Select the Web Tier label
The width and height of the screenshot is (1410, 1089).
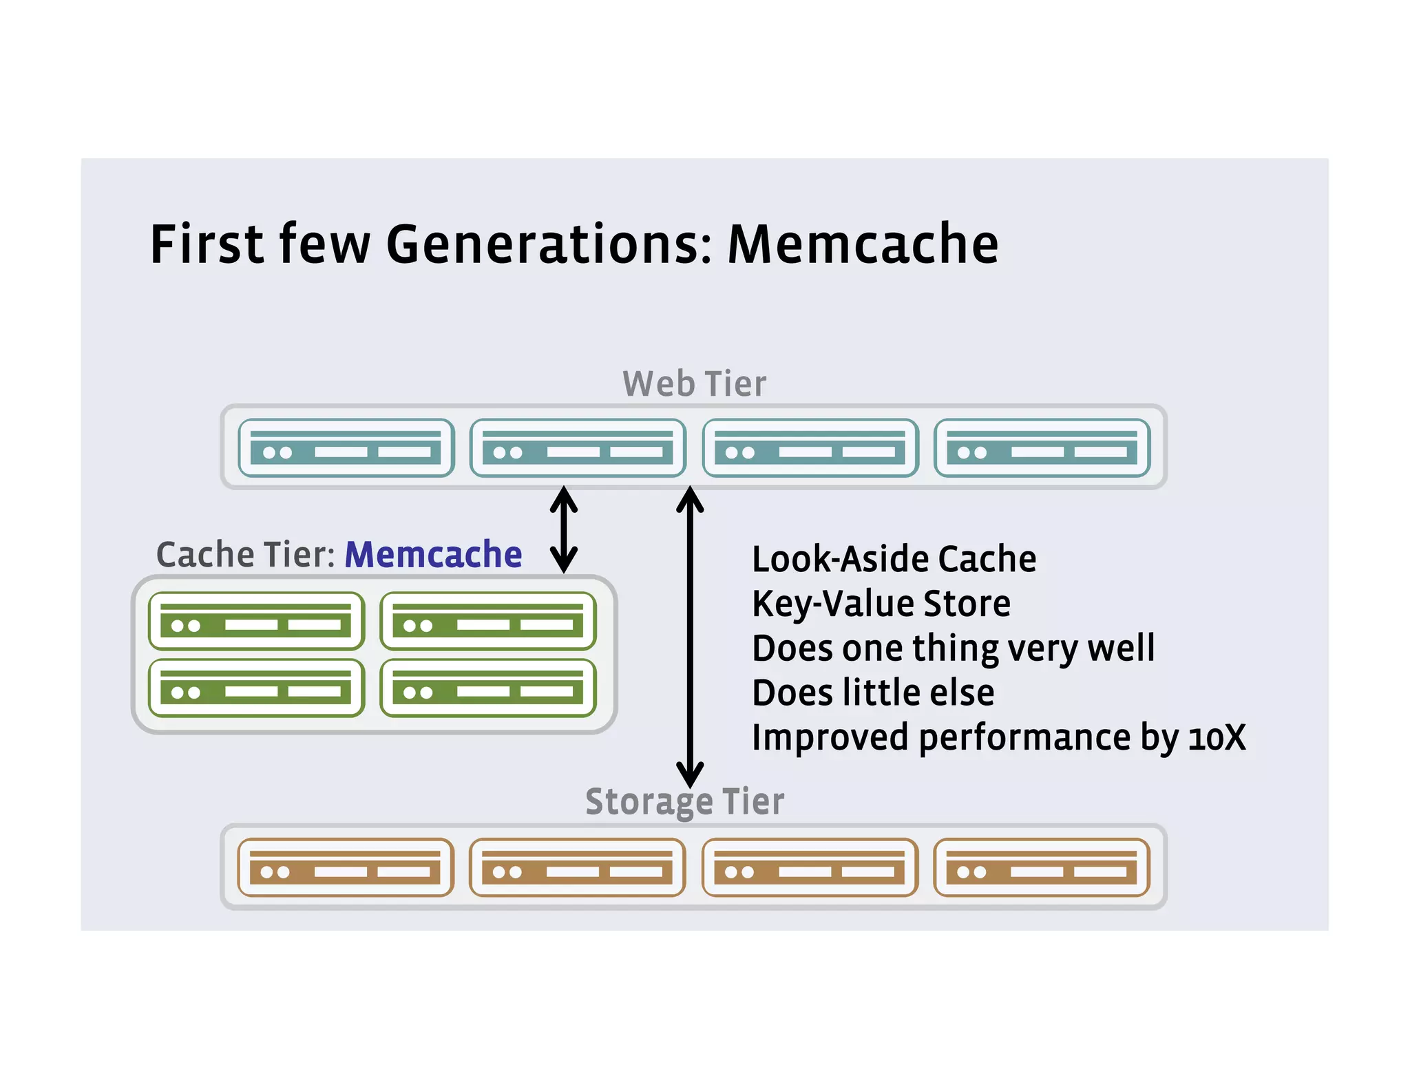pyautogui.click(x=694, y=383)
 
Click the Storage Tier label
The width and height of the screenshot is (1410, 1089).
pyautogui.click(x=684, y=802)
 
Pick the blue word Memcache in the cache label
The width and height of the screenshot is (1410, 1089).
pyautogui.click(x=433, y=555)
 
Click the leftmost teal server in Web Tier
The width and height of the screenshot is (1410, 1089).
pyautogui.click(x=346, y=448)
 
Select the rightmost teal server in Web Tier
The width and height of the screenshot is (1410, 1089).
pyautogui.click(x=1042, y=448)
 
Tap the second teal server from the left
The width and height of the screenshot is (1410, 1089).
pyautogui.click(x=578, y=448)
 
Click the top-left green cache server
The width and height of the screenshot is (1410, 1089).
pyautogui.click(x=256, y=621)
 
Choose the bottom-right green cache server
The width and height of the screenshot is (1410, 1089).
pyautogui.click(x=488, y=688)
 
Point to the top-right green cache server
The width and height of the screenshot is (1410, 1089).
pyautogui.click(x=488, y=621)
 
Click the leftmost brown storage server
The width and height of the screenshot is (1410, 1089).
pyautogui.click(x=346, y=867)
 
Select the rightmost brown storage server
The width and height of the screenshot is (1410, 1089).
pyautogui.click(x=1042, y=867)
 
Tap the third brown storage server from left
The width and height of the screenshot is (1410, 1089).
pyautogui.click(x=810, y=867)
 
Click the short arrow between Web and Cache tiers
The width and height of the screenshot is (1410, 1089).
pyautogui.click(x=564, y=529)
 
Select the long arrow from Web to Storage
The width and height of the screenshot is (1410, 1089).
pyautogui.click(x=690, y=637)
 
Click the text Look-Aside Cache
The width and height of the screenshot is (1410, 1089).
pyautogui.click(x=894, y=559)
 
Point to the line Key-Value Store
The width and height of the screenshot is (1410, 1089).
pyautogui.click(x=881, y=604)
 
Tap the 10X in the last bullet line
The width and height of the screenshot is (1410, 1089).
pyautogui.click(x=1217, y=738)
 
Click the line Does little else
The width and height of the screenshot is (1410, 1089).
pyautogui.click(x=873, y=693)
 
